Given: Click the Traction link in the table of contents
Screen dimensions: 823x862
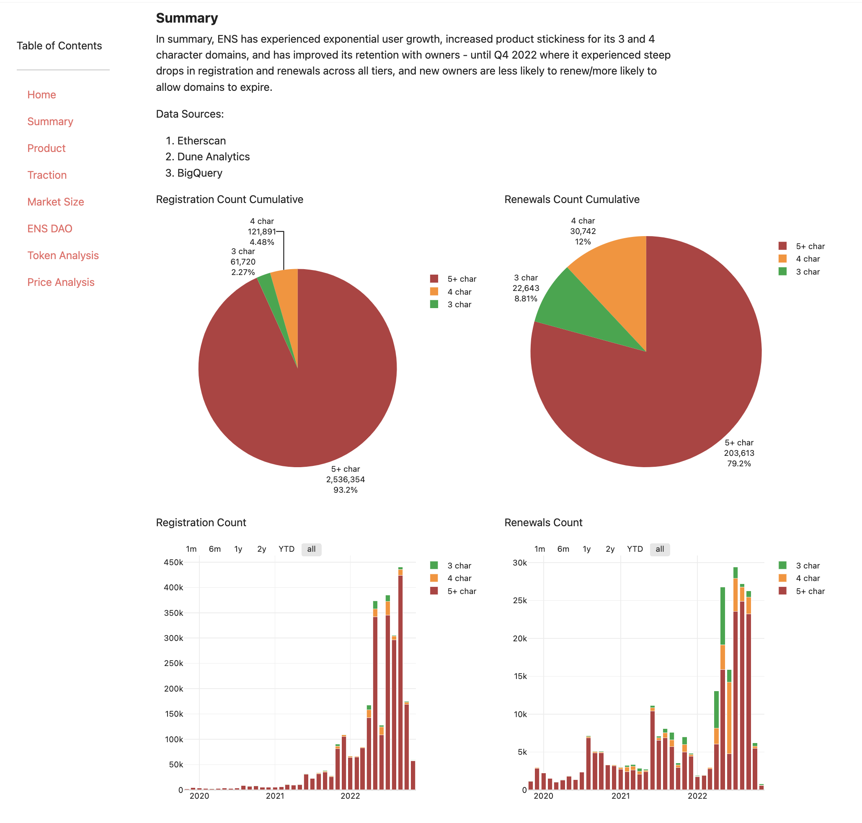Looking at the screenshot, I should (47, 175).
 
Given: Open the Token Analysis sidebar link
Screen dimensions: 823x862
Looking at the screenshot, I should (63, 255).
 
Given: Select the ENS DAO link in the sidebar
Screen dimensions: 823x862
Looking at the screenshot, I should (49, 229).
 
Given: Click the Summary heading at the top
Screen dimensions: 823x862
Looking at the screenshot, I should (187, 18).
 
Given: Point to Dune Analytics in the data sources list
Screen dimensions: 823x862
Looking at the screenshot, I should (213, 157).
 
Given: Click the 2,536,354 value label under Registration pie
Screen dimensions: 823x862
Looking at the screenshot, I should (346, 479).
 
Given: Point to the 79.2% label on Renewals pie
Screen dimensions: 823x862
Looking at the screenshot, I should (739, 464).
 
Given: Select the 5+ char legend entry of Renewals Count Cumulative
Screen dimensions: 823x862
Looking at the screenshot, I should (809, 246).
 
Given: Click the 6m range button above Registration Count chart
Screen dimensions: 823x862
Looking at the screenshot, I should (214, 549).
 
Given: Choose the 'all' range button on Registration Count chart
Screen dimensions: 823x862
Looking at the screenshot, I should (311, 549).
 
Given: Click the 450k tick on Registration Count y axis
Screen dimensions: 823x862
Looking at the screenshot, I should (173, 563).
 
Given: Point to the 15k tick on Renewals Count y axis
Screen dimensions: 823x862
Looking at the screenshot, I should (520, 676).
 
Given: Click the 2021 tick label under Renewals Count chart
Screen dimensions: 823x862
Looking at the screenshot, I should (620, 796).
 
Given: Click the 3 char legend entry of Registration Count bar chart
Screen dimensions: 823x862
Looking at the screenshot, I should (458, 566).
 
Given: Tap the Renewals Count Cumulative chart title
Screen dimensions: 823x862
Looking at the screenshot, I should (571, 199).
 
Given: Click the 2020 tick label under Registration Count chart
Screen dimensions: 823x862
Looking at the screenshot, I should (199, 796).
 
